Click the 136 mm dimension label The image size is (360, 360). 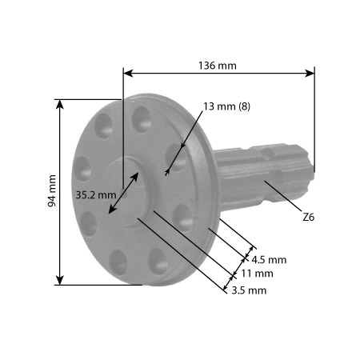point(217,65)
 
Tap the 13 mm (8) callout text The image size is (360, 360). point(227,106)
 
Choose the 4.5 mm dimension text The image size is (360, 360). point(268,260)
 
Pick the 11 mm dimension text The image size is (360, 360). point(257,274)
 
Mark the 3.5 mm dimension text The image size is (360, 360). point(248,290)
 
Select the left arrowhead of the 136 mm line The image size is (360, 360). point(126,73)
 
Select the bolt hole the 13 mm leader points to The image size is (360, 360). point(176,157)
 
